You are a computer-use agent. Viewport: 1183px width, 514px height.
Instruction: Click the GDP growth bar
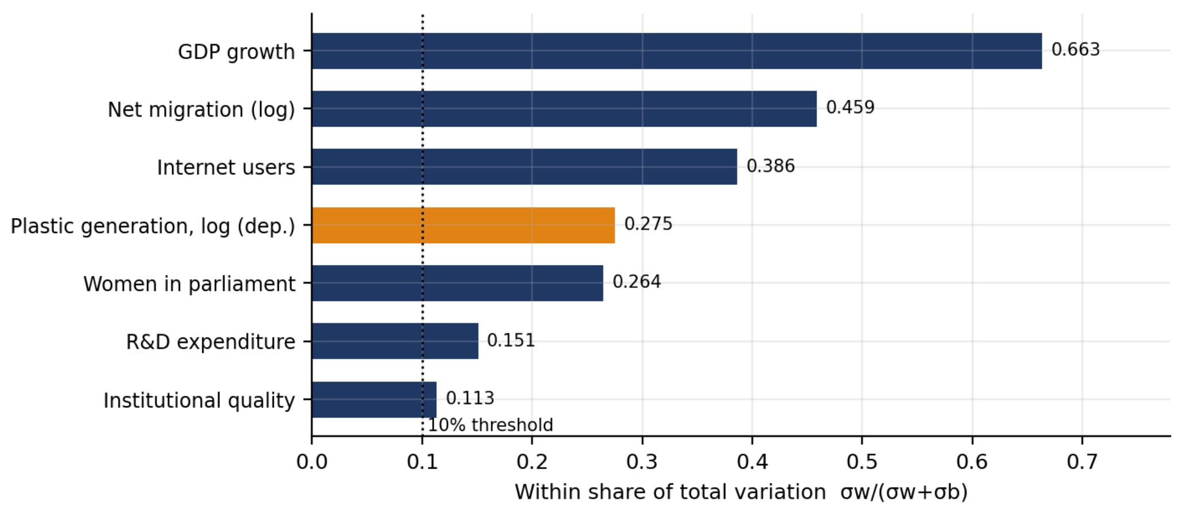coord(677,51)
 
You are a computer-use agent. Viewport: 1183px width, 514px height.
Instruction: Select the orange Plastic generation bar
coord(463,225)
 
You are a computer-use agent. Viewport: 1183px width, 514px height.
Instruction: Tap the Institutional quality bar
coord(374,400)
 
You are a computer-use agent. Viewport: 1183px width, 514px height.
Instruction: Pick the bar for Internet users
coord(525,167)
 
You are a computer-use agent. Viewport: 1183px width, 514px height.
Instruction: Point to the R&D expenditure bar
coord(395,341)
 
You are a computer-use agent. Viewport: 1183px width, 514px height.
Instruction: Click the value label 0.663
coord(1076,50)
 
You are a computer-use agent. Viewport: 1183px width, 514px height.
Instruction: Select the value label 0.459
coord(850,108)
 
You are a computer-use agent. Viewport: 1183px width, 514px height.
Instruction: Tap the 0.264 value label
coord(637,282)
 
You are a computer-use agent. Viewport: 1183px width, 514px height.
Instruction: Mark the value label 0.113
coord(470,398)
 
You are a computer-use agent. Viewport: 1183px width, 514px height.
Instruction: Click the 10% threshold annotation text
coord(490,425)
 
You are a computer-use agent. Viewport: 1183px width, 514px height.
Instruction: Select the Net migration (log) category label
coord(202,110)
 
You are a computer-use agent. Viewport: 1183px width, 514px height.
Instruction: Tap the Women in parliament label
coord(190,284)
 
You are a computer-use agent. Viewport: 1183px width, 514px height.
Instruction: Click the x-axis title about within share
coord(741,492)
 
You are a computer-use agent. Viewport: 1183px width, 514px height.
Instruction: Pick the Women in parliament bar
coord(458,283)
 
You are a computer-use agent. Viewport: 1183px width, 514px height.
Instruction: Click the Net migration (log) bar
coord(565,109)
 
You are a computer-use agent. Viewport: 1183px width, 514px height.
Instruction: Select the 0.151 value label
coord(511,341)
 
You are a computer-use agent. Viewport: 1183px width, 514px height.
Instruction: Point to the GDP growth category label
coord(237,52)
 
